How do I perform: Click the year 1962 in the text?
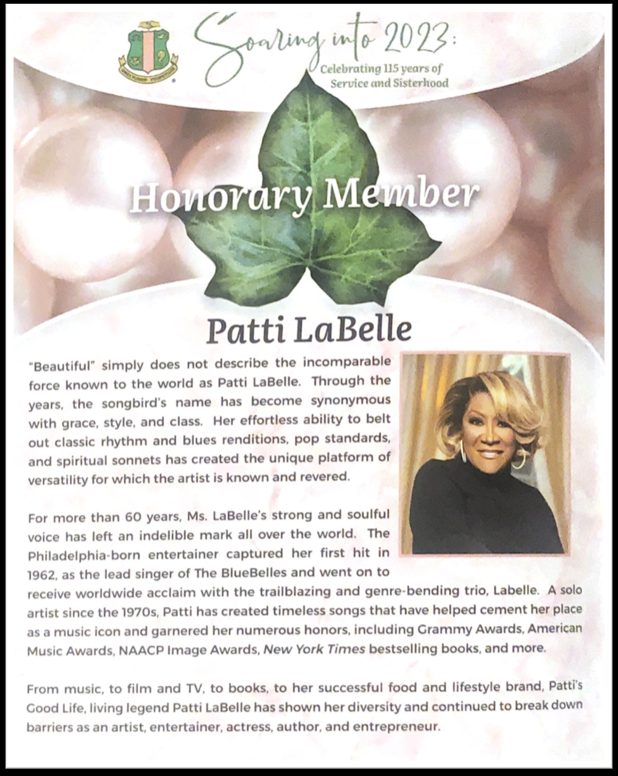click(43, 575)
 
